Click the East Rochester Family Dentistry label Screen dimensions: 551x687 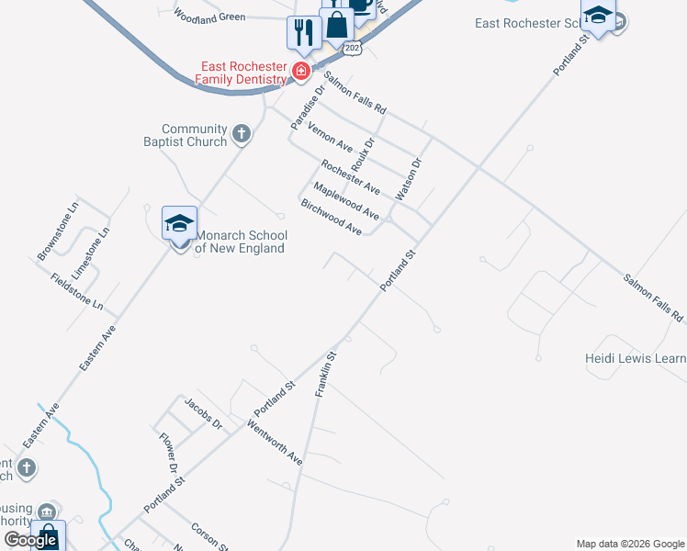pyautogui.click(x=245, y=73)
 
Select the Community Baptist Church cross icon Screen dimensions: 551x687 pyautogui.click(x=242, y=135)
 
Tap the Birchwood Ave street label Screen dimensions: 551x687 pyautogui.click(x=331, y=217)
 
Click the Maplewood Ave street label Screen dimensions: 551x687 pyautogui.click(x=345, y=200)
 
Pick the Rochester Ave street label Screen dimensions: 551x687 pyautogui.click(x=350, y=176)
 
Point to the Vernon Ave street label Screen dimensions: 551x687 pyautogui.click(x=330, y=137)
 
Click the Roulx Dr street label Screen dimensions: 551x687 pyautogui.click(x=364, y=153)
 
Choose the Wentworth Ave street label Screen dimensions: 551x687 pyautogui.click(x=275, y=441)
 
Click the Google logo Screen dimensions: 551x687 pyautogui.click(x=30, y=540)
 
